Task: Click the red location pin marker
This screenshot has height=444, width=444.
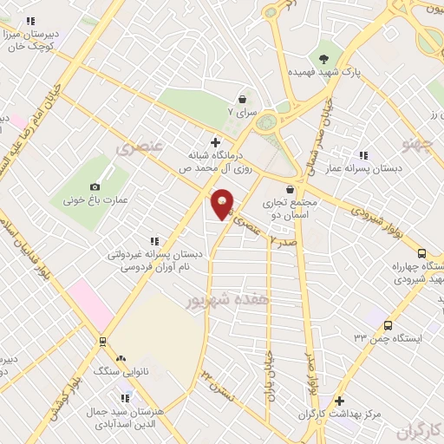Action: tap(223, 203)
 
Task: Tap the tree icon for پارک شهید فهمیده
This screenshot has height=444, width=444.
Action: tap(324, 59)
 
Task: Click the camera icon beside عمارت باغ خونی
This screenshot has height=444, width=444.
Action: tap(95, 186)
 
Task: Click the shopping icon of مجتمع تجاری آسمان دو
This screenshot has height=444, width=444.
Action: tap(290, 190)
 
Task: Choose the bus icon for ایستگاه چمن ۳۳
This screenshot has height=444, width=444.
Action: tap(387, 325)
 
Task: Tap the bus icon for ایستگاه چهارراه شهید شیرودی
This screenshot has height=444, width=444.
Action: tap(422, 253)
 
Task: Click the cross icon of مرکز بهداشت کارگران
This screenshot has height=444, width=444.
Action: tap(340, 402)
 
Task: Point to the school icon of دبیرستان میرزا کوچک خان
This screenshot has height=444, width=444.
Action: tap(31, 21)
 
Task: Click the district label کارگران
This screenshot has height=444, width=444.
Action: tap(419, 430)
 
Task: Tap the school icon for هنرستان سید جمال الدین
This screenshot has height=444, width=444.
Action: tap(127, 398)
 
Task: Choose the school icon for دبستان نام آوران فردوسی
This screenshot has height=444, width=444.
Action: tap(154, 241)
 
